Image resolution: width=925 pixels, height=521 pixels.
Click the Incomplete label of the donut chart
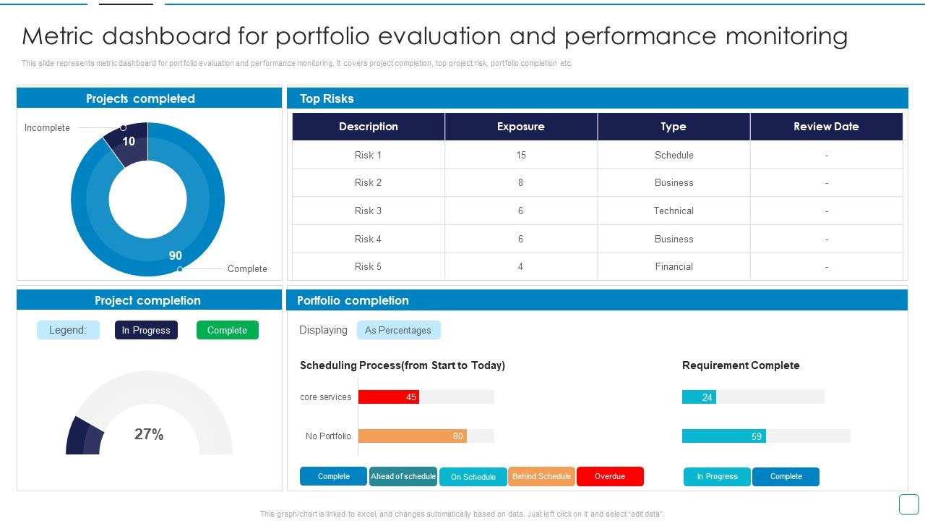coord(47,128)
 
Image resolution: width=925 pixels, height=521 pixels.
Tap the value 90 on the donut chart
coord(176,255)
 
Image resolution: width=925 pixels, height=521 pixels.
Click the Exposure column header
coord(520,127)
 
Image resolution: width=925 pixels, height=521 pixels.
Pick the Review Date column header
coord(826,127)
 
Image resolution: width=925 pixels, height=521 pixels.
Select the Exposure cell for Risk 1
coord(520,155)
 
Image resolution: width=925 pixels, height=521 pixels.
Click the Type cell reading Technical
coord(674,211)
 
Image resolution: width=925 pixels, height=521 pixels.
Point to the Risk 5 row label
coord(368,266)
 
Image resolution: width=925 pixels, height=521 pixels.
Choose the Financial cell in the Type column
coord(674,266)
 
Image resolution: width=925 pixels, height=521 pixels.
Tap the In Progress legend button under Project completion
coord(146,330)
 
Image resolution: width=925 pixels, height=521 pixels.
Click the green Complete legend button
coord(227,330)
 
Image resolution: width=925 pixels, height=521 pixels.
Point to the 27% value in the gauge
coord(149,434)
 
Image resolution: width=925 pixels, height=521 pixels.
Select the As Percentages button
coord(398,330)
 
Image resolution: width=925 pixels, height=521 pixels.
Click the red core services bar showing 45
coord(389,397)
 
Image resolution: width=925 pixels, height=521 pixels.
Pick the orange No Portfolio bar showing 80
coord(412,436)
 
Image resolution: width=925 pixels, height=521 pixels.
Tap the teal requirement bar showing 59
coord(723,436)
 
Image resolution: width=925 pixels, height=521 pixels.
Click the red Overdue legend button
coord(610,476)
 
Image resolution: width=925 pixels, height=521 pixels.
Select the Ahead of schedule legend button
coord(403,476)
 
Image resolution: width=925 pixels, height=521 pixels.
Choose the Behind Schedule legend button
coord(541,476)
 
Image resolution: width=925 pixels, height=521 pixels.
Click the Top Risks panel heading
coord(327,98)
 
